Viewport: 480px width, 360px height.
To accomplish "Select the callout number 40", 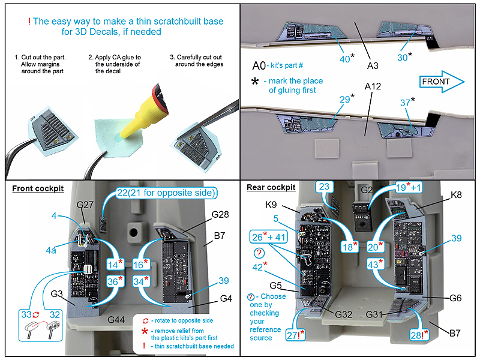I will pos(345,58).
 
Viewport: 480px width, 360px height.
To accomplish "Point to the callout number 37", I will pos(406,103).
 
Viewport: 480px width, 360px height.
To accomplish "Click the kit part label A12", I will pos(373,86).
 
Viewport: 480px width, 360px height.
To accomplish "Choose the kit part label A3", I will pos(373,65).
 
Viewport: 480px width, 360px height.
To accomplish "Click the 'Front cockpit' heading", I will pos(38,188).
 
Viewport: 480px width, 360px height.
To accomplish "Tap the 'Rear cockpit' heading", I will pos(271,188).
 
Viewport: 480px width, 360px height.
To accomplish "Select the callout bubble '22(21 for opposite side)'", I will pos(165,193).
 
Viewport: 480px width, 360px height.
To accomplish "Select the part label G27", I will pos(86,205).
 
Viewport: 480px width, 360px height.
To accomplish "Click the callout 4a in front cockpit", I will pos(53,250).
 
